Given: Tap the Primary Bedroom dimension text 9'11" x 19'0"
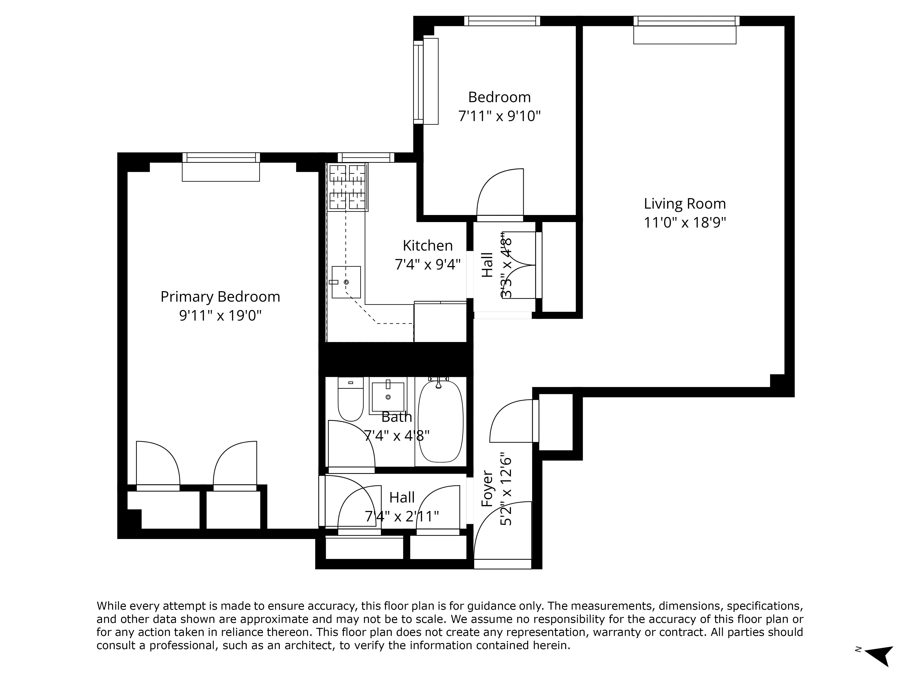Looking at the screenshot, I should click(220, 316).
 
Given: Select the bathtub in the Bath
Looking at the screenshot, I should click(440, 421).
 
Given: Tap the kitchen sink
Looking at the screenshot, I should click(346, 282).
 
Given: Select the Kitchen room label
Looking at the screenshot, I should click(427, 246).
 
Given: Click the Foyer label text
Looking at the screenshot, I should click(487, 489).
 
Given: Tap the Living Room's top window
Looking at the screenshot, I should click(686, 21).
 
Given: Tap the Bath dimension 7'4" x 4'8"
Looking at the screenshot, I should click(397, 435).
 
